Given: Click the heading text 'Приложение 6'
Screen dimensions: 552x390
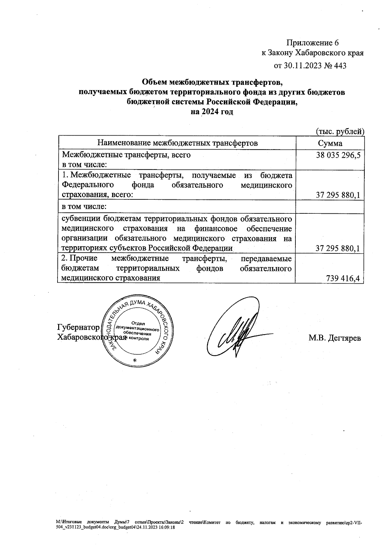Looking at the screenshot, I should pos(312,43).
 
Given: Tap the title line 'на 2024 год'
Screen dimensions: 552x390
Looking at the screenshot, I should pos(212,112).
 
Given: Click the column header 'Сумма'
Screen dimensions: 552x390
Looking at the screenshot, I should pos(330,143).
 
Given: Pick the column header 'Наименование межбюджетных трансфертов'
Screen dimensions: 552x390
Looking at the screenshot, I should pos(177,143).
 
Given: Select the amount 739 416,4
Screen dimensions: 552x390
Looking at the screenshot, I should pos(344,278).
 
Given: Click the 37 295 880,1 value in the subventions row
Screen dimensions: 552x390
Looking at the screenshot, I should pos(338,249).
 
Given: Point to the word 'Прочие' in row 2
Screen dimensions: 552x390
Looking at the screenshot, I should pos(84,259).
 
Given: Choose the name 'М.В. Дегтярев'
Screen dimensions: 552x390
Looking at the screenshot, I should pos(334,338).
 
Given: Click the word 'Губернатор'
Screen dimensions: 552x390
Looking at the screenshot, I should pos(78,327).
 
